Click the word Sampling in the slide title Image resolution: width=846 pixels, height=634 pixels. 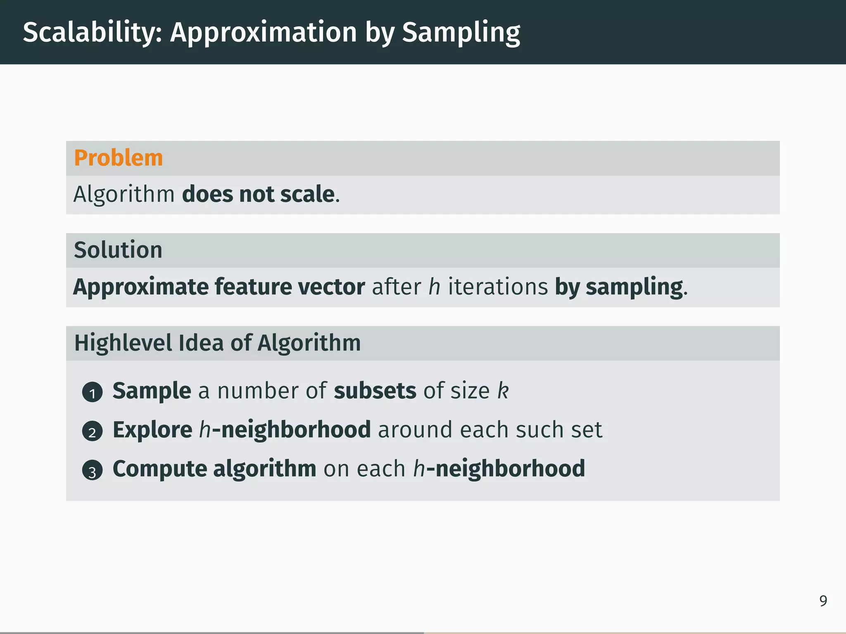point(461,33)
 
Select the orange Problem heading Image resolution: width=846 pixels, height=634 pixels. point(119,158)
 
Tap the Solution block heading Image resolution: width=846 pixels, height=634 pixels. point(118,250)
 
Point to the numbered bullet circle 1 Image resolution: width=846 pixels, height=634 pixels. point(92,392)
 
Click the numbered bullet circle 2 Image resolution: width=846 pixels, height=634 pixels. point(92,431)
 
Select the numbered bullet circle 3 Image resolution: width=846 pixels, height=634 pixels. point(92,471)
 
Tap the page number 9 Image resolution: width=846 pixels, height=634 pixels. point(823,601)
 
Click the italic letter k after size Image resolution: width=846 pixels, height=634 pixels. point(503,390)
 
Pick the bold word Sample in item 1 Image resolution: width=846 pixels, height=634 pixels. point(152,391)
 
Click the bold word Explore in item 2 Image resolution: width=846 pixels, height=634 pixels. point(152,430)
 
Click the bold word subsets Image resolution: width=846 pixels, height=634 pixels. point(375,391)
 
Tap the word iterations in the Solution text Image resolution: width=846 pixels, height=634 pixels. point(498,287)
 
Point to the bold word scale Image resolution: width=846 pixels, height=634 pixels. point(307,194)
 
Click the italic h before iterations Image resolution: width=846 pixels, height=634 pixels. point(434,287)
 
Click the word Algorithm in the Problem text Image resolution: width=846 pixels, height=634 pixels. point(124,194)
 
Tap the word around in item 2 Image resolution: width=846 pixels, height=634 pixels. point(415,430)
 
